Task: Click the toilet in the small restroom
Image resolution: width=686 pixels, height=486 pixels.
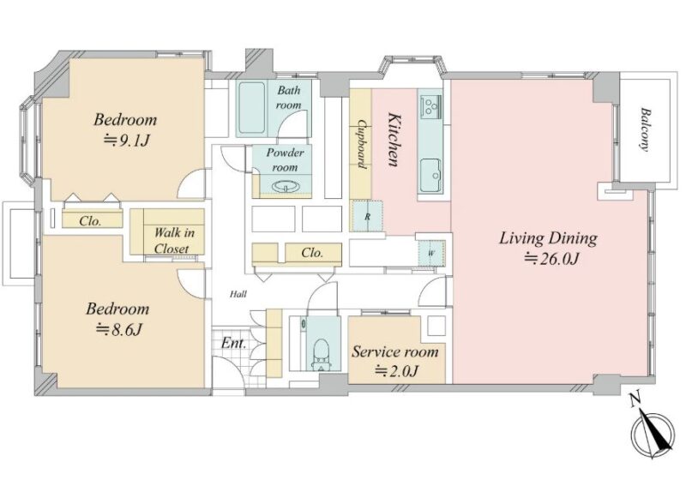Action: point(321,353)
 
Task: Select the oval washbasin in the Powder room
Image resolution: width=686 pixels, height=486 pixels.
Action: point(285,187)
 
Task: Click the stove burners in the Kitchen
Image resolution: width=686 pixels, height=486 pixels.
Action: point(431,106)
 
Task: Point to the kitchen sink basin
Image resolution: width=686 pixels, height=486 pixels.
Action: point(431,175)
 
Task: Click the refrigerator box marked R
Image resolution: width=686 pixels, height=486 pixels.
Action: point(368,216)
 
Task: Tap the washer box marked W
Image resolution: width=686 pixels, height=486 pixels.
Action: point(431,253)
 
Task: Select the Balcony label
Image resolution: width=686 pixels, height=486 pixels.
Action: point(644,129)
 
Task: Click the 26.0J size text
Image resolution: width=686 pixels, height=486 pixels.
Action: point(552,259)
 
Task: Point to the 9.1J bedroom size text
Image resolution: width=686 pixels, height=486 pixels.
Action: point(127,141)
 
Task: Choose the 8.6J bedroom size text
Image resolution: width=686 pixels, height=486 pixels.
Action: point(119,329)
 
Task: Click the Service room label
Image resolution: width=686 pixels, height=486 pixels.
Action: point(395,352)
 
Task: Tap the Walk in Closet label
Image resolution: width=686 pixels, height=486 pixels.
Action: point(174,240)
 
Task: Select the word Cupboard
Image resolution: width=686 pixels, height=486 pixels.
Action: point(361,144)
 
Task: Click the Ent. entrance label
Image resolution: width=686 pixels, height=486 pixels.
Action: point(233,343)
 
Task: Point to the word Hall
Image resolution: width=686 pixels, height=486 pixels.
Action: point(238,294)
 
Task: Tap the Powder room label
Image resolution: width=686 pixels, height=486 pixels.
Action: point(286,159)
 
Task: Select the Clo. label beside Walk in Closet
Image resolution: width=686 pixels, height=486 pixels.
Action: point(90,221)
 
